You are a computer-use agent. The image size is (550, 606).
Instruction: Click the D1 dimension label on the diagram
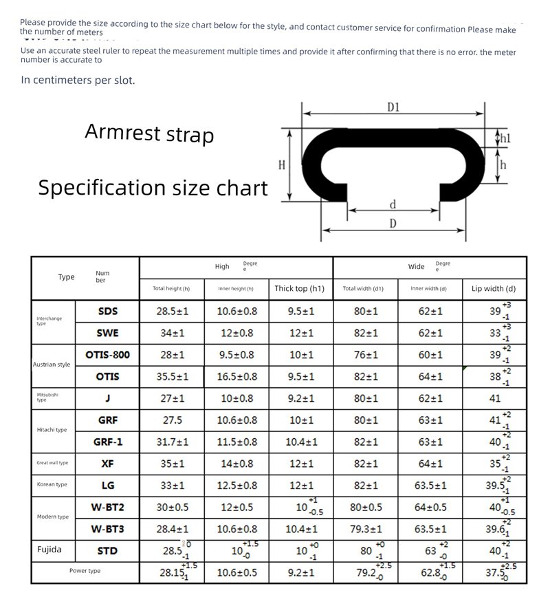coord(393,107)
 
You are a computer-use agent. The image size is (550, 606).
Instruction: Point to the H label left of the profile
coord(281,165)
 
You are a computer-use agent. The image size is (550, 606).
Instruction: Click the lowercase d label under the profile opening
coord(393,204)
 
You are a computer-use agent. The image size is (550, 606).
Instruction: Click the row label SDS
coord(108,311)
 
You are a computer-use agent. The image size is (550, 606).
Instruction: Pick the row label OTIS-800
coord(107,355)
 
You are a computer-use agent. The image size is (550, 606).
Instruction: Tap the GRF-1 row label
coord(107,442)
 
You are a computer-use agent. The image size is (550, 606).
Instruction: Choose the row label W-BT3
coord(107,530)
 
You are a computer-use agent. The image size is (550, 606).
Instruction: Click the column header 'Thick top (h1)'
coord(299,288)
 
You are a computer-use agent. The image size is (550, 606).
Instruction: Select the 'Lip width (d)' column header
coord(494,288)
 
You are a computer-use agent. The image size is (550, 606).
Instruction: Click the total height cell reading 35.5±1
coord(173,376)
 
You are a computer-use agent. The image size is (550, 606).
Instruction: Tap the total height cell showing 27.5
coord(172,420)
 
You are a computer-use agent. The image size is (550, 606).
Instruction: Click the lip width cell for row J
coord(495,398)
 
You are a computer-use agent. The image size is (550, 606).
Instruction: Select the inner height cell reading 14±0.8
coord(236,464)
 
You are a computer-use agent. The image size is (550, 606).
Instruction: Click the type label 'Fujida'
coord(49,550)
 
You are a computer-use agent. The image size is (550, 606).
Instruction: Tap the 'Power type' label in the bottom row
coord(85,571)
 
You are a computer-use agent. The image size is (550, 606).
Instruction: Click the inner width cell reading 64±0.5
coord(431,508)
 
